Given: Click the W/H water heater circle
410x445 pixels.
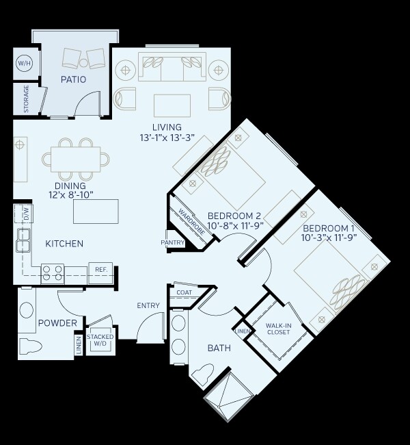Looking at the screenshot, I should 24,64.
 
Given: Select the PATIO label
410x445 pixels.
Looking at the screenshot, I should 73,79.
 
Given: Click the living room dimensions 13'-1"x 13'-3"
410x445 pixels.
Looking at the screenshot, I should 167,137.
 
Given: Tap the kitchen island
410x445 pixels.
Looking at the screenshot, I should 96,211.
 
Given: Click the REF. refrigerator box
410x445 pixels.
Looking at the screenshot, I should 100,270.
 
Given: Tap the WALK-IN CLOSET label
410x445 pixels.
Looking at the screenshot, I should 278,329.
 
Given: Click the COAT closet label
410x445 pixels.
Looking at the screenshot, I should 184,292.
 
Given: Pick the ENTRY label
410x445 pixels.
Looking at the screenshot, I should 148,305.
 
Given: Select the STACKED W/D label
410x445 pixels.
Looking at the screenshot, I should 100,340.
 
